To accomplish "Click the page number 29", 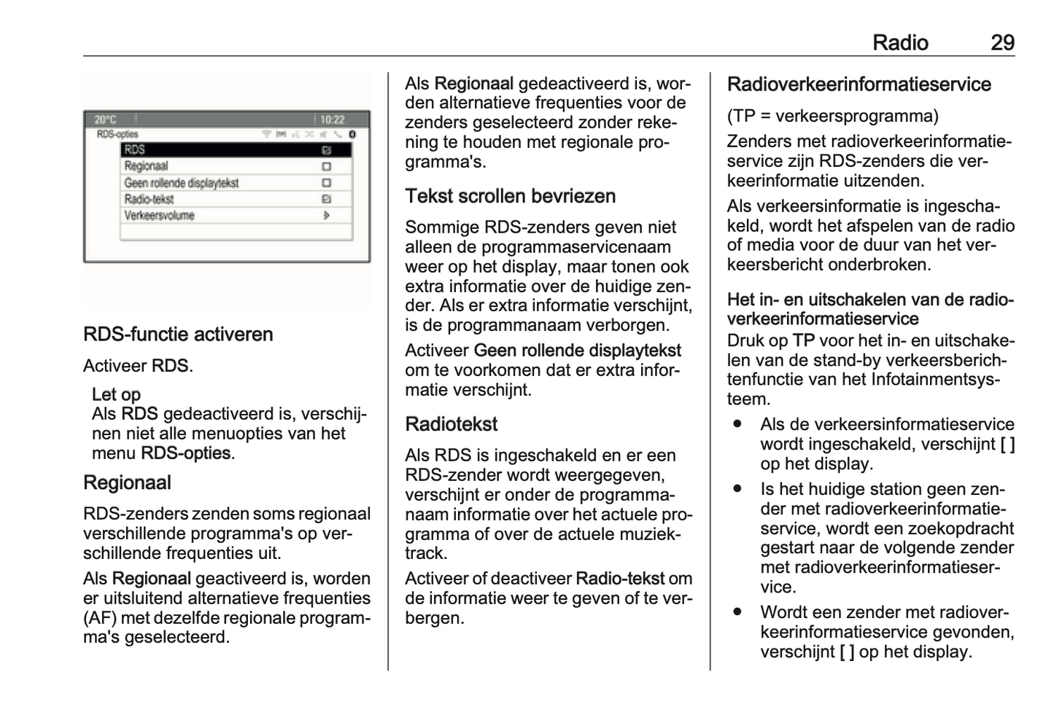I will click(x=1001, y=43).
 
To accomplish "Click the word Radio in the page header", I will click(x=900, y=43).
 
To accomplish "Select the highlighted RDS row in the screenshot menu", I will click(x=236, y=150).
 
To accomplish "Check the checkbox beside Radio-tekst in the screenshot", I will click(x=326, y=199).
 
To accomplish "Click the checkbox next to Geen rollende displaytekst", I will click(x=326, y=183).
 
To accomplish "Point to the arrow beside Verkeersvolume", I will click(x=326, y=216).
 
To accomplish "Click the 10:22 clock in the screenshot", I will click(x=332, y=120).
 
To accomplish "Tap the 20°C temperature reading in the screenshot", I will click(x=105, y=120).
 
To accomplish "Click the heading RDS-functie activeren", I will click(x=178, y=335).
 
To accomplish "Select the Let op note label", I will click(x=116, y=394).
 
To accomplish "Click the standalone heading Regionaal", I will click(x=127, y=482).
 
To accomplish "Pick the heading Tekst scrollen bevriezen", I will click(x=510, y=196).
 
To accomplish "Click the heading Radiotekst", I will click(x=451, y=424).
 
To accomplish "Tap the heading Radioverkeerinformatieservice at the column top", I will click(x=859, y=85).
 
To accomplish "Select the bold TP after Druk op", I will click(x=803, y=340).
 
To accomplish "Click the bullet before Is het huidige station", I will click(x=738, y=489).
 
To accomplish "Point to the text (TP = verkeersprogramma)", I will click(x=832, y=116).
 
